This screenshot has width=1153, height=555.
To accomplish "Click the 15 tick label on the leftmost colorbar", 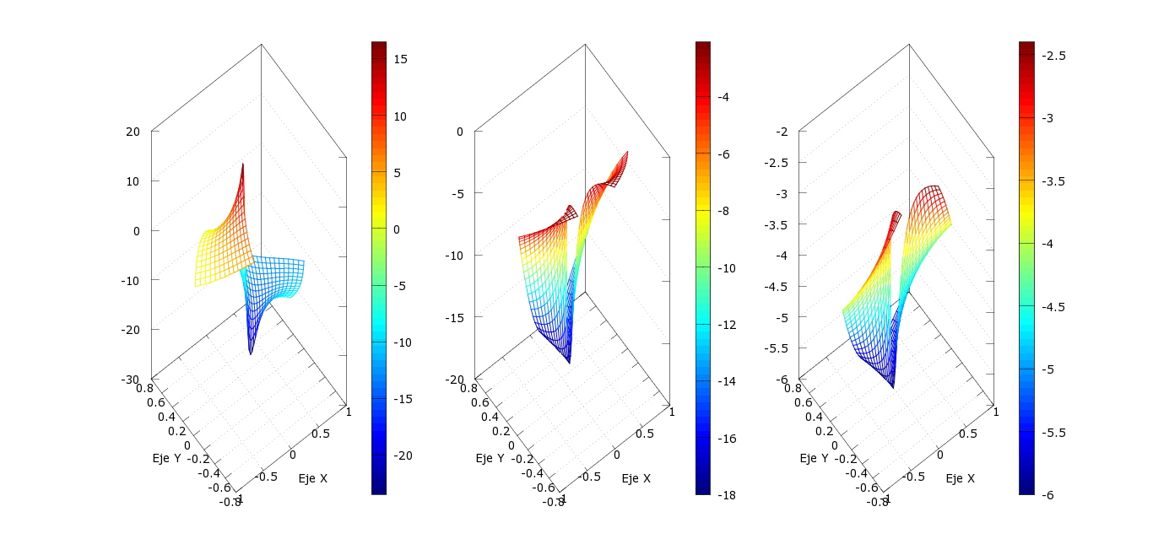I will pyautogui.click(x=400, y=59).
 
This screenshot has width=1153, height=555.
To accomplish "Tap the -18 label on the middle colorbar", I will pyautogui.click(x=725, y=495).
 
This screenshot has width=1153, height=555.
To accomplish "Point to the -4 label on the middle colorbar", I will pyautogui.click(x=723, y=97).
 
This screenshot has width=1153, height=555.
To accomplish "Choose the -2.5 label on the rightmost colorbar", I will pyautogui.click(x=1053, y=56).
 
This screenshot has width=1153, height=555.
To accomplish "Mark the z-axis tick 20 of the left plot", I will pyautogui.click(x=133, y=131).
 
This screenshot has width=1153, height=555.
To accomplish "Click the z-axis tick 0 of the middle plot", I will pyautogui.click(x=460, y=131).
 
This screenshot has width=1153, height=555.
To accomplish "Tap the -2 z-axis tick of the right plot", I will pyautogui.click(x=782, y=131).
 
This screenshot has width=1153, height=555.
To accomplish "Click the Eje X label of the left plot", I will pyautogui.click(x=313, y=479).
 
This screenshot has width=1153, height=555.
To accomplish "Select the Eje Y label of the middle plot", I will pyautogui.click(x=490, y=459).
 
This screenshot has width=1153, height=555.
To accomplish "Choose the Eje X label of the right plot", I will pyautogui.click(x=961, y=479).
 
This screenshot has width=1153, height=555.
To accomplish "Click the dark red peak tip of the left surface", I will pyautogui.click(x=243, y=164).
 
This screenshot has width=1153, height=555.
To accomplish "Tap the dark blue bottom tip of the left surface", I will pyautogui.click(x=251, y=353).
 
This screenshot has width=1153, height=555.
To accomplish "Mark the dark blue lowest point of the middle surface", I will pyautogui.click(x=570, y=362).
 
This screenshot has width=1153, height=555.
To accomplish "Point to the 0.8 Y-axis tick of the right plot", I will pyautogui.click(x=793, y=388).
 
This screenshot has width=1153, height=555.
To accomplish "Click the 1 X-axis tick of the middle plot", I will pyautogui.click(x=672, y=411).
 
